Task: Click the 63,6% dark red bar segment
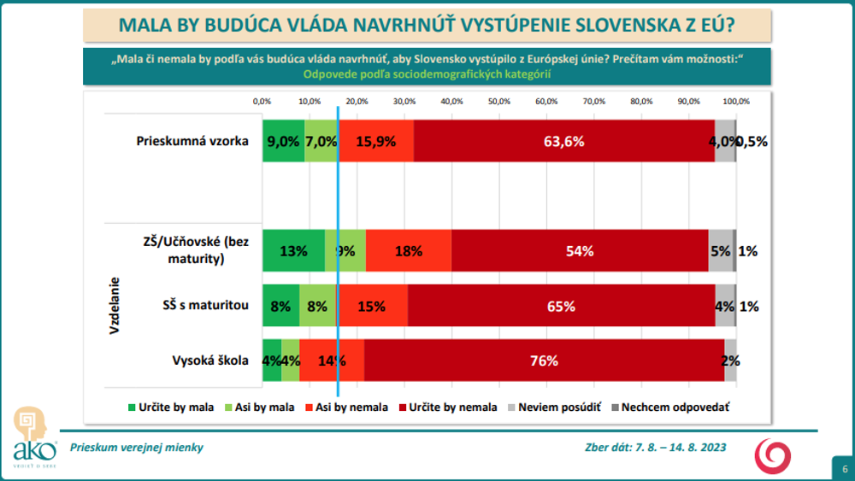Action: [563, 141]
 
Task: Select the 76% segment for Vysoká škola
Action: [544, 361]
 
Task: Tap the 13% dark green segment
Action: [293, 251]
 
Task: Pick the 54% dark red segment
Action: [580, 251]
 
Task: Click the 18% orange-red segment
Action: [409, 251]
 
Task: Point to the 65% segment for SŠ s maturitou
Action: [561, 306]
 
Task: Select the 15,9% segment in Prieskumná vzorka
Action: [376, 141]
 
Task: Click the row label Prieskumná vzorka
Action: [192, 141]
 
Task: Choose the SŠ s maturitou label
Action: [205, 306]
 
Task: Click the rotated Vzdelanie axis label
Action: [114, 305]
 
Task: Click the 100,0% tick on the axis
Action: [736, 102]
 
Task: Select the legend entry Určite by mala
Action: [170, 408]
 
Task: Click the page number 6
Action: [844, 468]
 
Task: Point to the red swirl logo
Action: [772, 455]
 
